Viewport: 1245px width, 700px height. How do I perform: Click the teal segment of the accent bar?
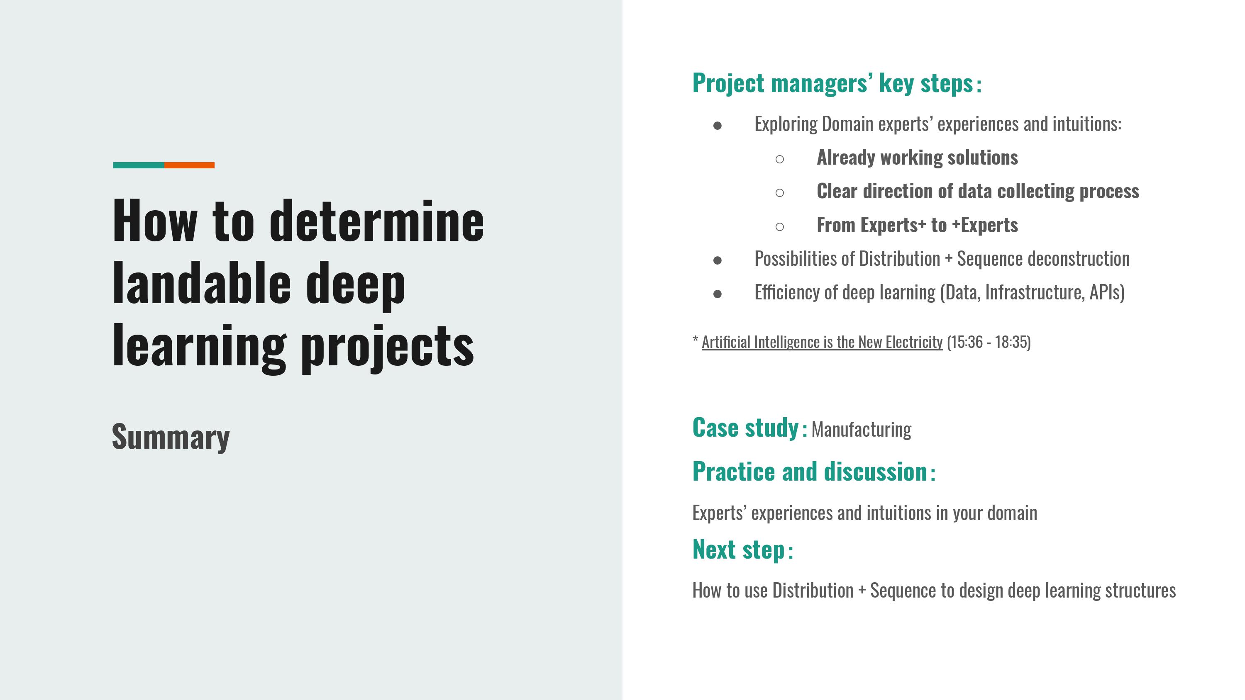[138, 165]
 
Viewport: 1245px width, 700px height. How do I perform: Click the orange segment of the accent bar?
[190, 165]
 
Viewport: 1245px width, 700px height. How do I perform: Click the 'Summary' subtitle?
[171, 437]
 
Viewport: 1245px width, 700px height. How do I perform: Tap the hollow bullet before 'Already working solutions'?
[779, 159]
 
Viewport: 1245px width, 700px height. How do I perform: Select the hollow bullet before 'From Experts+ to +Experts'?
[779, 226]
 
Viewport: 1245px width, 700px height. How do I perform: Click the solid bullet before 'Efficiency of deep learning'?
[717, 294]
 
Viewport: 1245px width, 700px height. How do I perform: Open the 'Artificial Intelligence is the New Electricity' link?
[822, 342]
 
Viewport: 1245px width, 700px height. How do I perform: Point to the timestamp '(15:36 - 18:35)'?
[989, 342]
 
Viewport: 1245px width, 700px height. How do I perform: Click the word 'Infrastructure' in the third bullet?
[1035, 292]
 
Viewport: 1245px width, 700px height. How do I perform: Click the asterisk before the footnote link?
[696, 340]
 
